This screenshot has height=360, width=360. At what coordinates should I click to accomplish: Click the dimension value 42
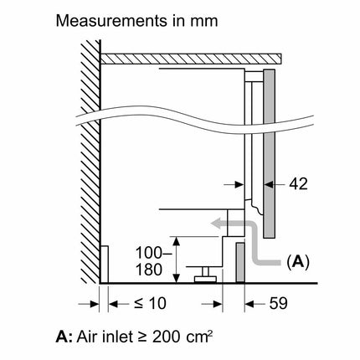298,184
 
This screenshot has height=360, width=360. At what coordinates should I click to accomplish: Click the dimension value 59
278,303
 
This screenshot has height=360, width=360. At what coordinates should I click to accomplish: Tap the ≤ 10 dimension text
150,303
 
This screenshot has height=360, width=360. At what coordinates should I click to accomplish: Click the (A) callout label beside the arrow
298,262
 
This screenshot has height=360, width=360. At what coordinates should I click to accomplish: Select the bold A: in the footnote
64,337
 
